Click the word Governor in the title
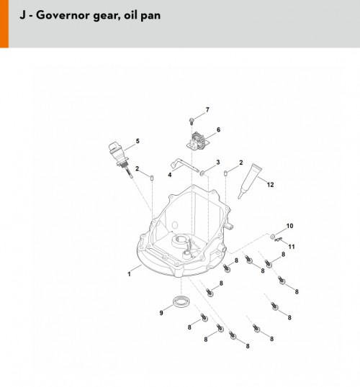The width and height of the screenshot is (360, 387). click(x=63, y=15)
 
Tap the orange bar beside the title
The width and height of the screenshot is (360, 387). click(x=4, y=24)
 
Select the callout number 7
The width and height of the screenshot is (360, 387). click(x=207, y=109)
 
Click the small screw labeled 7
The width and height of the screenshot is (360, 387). click(x=192, y=121)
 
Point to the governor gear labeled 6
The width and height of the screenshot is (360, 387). click(x=198, y=142)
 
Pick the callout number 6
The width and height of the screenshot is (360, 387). click(x=218, y=129)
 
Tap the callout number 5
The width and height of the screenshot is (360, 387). click(x=138, y=141)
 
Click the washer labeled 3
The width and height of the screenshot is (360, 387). click(x=202, y=173)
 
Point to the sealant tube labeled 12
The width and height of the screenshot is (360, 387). click(x=250, y=181)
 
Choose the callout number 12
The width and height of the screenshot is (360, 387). click(x=271, y=185)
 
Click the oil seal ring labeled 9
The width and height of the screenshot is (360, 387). click(x=181, y=301)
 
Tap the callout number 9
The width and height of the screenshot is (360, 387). click(x=161, y=313)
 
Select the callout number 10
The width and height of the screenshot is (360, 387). click(x=290, y=226)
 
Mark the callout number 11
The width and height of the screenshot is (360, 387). click(x=292, y=247)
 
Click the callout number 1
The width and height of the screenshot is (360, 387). click(x=129, y=274)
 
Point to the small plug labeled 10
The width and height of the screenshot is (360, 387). click(x=272, y=236)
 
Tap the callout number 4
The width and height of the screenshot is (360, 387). click(x=170, y=175)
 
